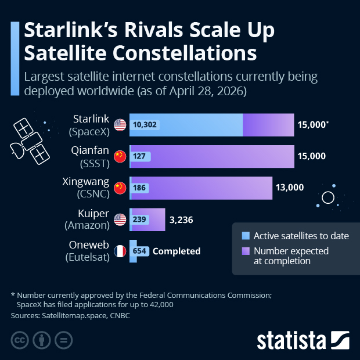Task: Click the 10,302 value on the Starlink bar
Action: coord(145,125)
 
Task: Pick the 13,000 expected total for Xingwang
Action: coord(289,188)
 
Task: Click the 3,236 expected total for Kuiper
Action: coord(181,219)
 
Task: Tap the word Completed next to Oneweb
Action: coord(177,251)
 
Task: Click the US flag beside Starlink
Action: coord(120,125)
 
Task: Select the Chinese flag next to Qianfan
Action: coord(120,156)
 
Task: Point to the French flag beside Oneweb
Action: coord(120,251)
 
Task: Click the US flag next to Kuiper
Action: coord(120,219)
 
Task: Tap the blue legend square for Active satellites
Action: coord(246,236)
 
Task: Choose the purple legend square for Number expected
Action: coord(246,251)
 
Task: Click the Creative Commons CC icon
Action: coord(20,340)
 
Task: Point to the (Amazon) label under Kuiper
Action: coord(89,226)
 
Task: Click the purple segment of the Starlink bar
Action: coord(268,125)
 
